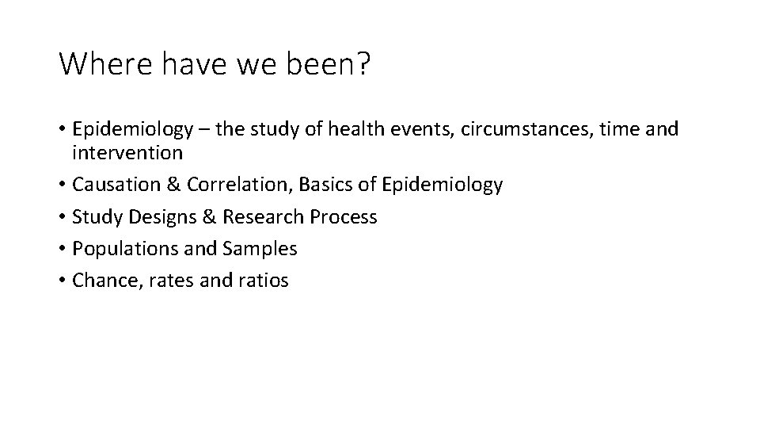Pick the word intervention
[127, 151]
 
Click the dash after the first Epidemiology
[204, 129]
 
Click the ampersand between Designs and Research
[195, 216]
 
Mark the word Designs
[152, 216]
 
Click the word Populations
[120, 248]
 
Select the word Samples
[260, 248]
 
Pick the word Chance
[101, 280]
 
